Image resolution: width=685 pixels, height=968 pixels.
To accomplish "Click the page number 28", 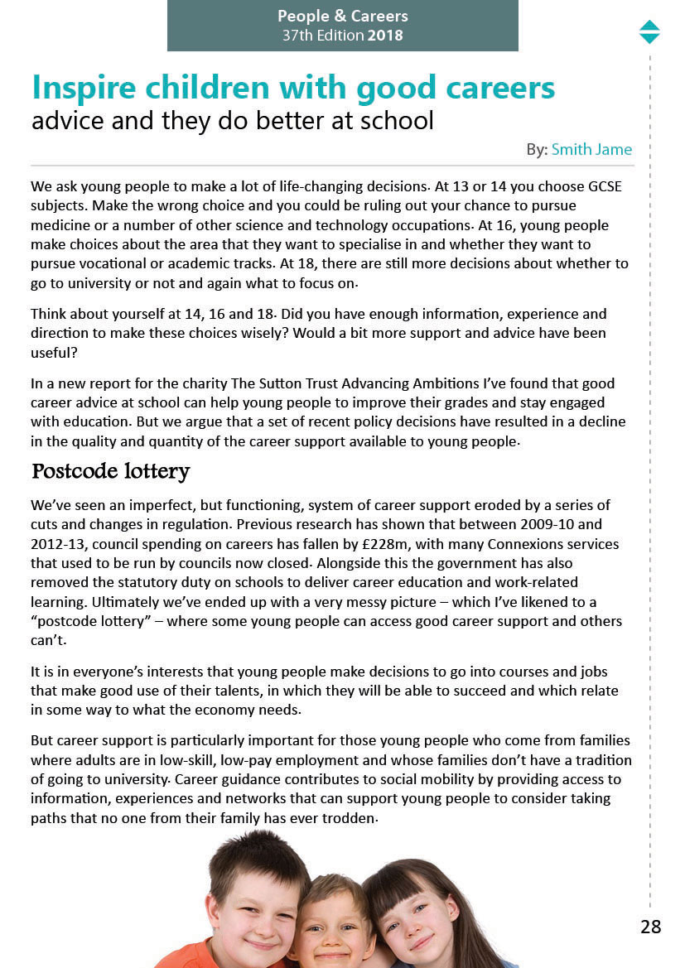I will point(650,927).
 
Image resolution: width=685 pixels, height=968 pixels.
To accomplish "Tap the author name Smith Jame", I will point(591,150).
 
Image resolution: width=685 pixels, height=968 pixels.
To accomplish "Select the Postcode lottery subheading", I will point(110,472).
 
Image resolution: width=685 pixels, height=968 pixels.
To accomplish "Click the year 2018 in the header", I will point(385,36).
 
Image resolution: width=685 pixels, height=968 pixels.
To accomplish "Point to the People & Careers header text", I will point(342,17).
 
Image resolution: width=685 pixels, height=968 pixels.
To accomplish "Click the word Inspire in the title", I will point(83,88).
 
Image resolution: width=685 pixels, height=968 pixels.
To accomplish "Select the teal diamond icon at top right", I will point(649,31).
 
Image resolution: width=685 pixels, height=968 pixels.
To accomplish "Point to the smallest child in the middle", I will point(332,927).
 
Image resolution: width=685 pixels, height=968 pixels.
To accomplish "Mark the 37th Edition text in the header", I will point(323,36).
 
